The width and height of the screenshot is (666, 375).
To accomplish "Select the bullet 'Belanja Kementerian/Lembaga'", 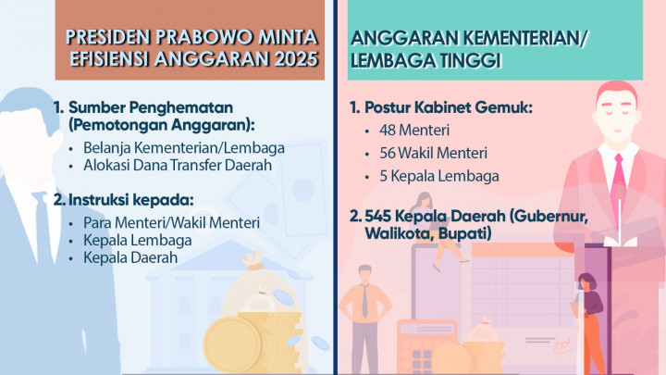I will coord(183,148).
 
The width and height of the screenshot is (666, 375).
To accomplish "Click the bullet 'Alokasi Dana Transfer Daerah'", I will coord(178,166).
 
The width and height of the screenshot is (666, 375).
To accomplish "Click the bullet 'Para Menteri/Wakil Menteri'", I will coord(171,223).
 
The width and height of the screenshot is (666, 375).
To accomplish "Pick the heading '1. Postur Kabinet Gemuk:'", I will coord(442,108).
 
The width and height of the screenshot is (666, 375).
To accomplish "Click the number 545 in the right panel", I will coord(381,217).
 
